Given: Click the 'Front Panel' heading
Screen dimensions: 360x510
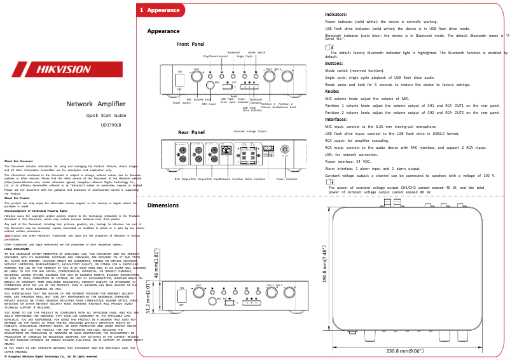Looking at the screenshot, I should coord(191,45).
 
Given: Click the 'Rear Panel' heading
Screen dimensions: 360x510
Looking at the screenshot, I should coord(191,132).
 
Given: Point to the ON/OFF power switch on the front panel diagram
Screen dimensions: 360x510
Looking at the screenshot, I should coord(179,80).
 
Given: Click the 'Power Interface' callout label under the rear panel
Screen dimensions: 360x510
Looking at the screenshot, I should coord(287,179).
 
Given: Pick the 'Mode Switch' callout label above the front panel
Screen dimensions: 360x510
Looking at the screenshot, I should coord(256,52).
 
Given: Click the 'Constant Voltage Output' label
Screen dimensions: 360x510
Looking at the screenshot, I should coord(250,131).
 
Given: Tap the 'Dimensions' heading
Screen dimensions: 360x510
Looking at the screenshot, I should coord(163,205).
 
